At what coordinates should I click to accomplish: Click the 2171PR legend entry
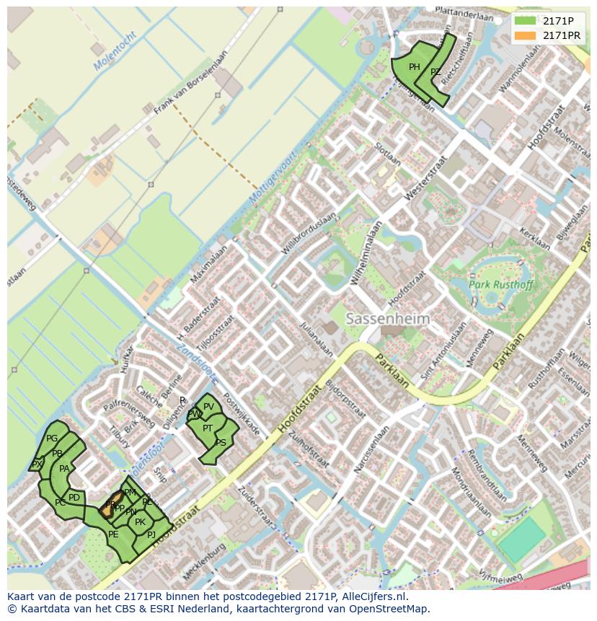(561, 35)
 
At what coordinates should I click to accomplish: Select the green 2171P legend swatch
(525, 21)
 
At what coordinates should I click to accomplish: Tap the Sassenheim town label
(387, 318)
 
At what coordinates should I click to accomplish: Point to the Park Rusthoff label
(501, 285)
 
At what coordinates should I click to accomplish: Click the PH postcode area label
(415, 67)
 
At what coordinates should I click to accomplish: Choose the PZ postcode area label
(435, 72)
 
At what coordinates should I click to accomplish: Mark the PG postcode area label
(52, 439)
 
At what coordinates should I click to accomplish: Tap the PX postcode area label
(36, 464)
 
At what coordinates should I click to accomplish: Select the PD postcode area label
(74, 498)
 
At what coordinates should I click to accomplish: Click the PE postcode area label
(113, 534)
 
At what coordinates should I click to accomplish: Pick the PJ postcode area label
(151, 534)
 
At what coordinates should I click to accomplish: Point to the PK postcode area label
(140, 522)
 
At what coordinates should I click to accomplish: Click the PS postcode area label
(221, 443)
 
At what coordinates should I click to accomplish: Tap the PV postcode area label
(208, 407)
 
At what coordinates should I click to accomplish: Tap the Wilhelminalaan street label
(366, 253)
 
